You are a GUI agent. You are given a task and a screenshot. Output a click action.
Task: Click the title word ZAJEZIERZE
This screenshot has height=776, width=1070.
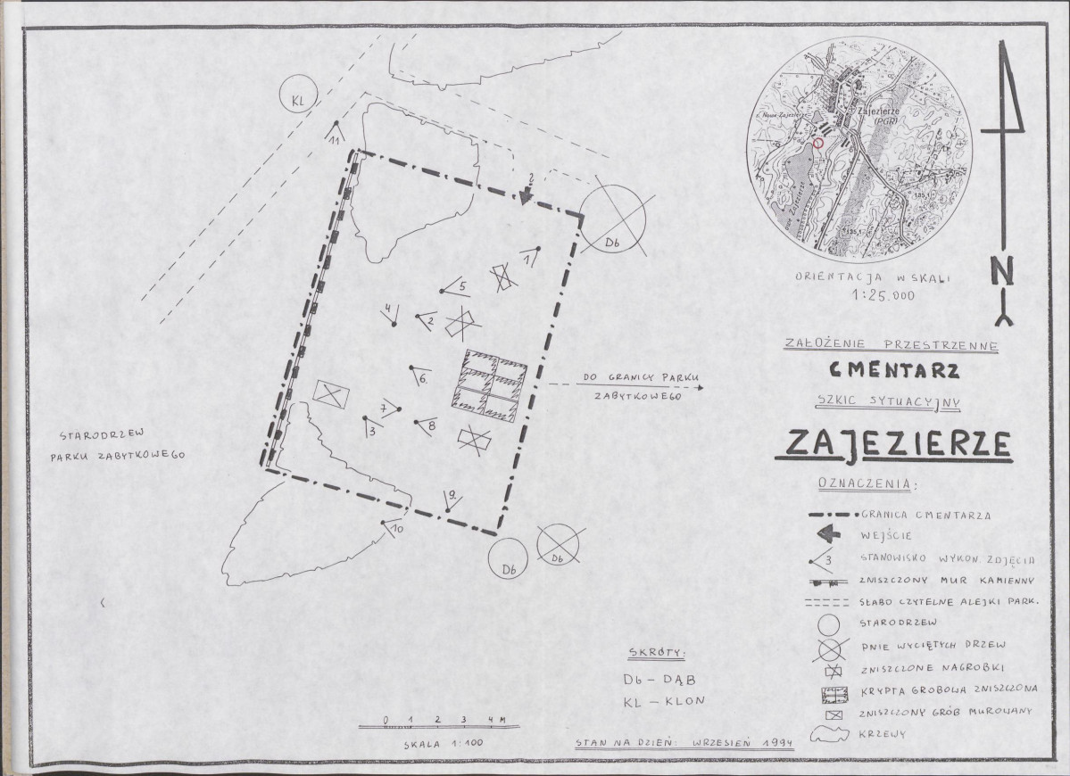892,443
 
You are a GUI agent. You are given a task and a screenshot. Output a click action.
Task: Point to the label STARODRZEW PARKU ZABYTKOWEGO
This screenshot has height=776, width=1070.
121,445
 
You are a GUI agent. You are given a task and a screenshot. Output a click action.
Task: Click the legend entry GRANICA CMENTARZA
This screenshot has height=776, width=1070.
928,515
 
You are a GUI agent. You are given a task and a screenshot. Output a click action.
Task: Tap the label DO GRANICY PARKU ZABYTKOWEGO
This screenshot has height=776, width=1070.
631,384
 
